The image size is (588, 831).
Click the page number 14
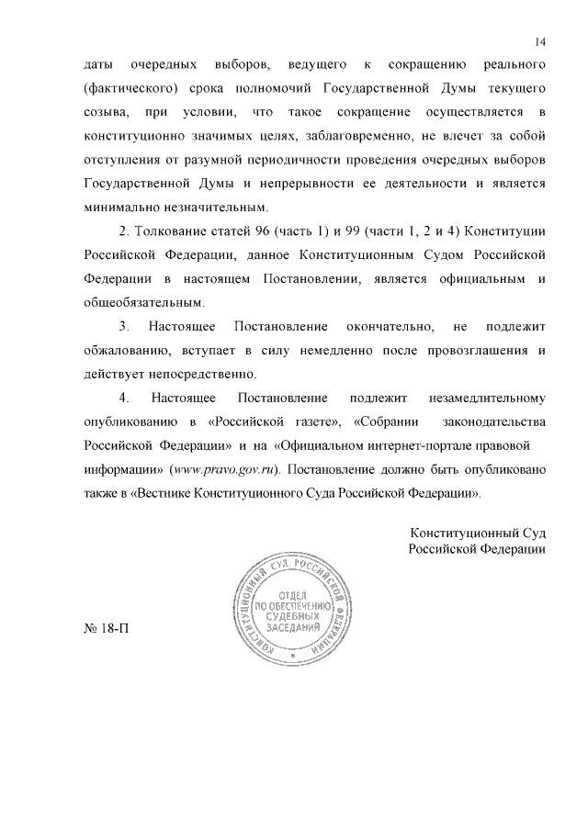point(540,41)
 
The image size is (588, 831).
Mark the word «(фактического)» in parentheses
point(129,88)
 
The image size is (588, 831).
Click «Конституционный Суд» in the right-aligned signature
point(479,533)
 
